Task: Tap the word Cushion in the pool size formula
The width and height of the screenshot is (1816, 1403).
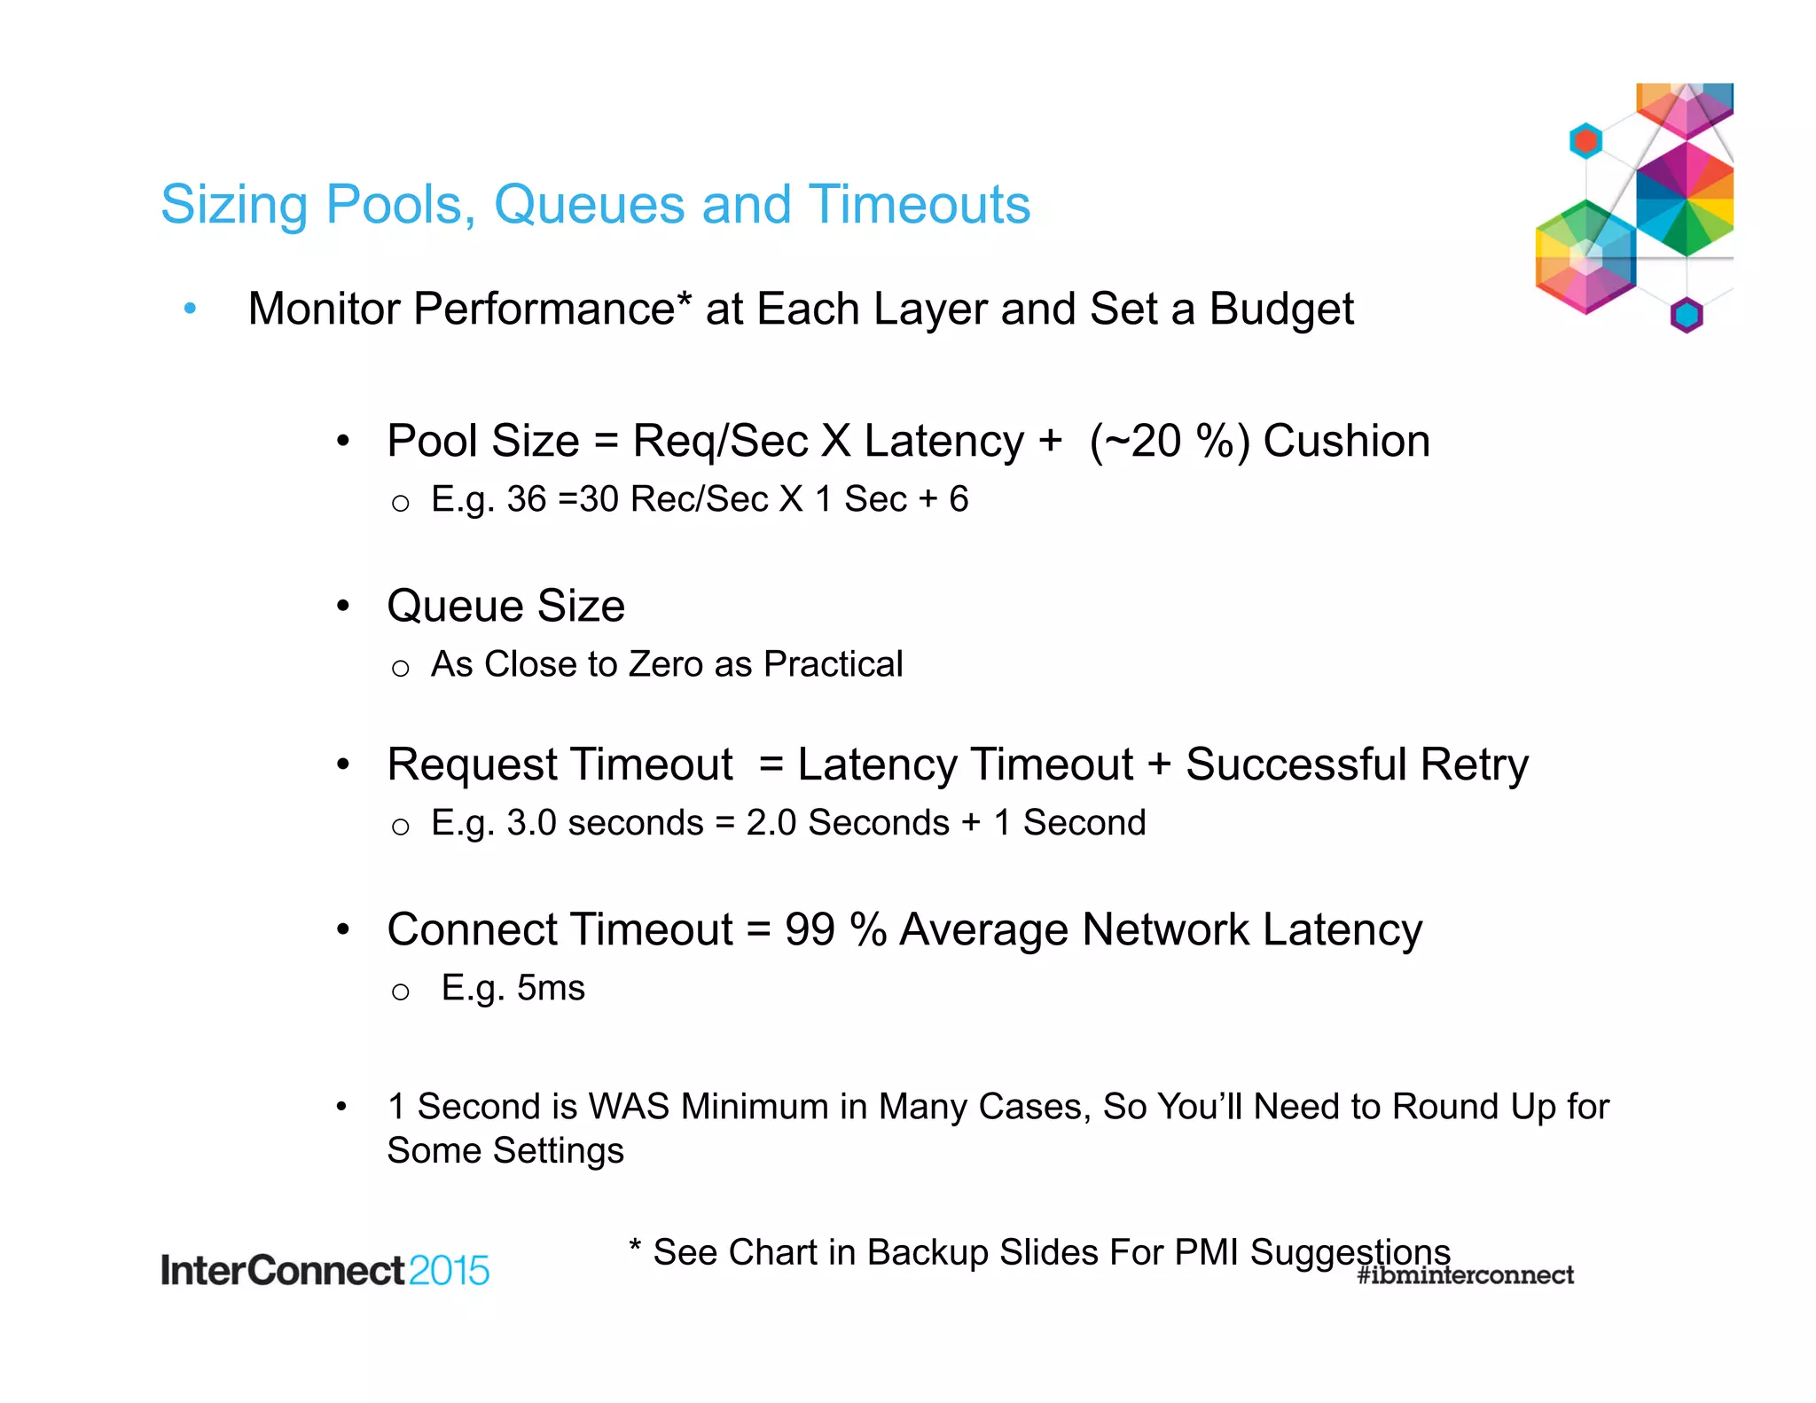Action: (1346, 441)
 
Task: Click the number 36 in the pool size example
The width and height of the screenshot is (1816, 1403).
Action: (527, 499)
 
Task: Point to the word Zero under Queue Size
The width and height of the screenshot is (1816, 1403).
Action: (666, 664)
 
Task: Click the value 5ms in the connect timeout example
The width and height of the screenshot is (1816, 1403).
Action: (551, 988)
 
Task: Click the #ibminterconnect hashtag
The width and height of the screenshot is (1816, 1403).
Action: (1465, 1275)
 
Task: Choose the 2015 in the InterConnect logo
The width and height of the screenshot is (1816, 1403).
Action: (449, 1271)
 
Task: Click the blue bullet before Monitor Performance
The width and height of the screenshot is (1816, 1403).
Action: (190, 309)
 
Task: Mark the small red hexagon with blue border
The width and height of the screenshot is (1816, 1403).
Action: (1585, 141)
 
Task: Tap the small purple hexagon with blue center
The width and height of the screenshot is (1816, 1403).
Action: (1687, 315)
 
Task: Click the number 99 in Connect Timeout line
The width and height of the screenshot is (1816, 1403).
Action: (810, 930)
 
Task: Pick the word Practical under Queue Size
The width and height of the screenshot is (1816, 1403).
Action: (833, 664)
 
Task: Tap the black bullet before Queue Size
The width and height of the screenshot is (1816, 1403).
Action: (343, 607)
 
